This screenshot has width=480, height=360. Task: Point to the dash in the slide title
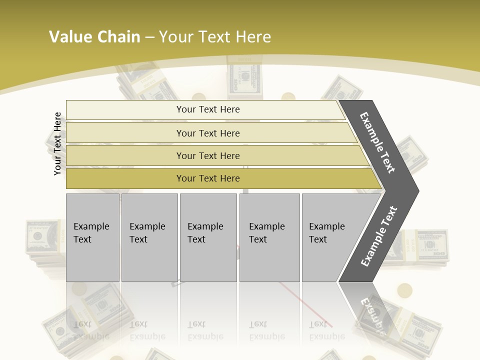[149, 37]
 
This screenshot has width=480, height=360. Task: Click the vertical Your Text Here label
[57, 143]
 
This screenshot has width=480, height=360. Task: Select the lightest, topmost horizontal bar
[205, 109]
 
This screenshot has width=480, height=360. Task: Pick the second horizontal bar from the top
[210, 133]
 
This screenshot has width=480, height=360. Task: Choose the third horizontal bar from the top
[215, 155]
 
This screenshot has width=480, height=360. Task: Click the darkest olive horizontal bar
[220, 178]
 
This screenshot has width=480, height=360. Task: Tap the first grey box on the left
[92, 237]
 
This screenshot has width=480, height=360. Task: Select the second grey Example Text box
[149, 237]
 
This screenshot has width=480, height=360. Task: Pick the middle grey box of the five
[208, 237]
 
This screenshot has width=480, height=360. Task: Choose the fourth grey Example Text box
[269, 237]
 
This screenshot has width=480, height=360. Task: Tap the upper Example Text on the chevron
[377, 143]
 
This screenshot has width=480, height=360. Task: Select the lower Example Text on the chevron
[379, 236]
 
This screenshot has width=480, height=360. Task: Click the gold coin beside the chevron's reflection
[404, 290]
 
